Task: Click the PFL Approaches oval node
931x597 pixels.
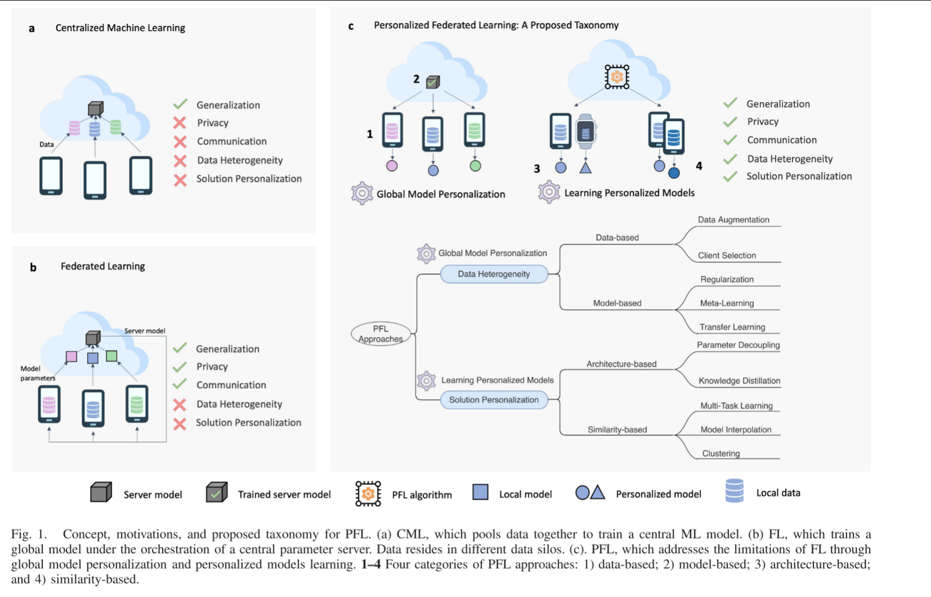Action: [x=381, y=333]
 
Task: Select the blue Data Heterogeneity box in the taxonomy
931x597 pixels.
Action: [x=494, y=274]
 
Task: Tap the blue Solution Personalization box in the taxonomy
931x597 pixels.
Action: [x=494, y=400]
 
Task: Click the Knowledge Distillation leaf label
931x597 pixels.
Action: [x=739, y=381]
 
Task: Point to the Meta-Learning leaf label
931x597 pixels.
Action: [x=727, y=303]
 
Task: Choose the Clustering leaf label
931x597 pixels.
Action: [x=721, y=453]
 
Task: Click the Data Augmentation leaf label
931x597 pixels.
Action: [x=734, y=220]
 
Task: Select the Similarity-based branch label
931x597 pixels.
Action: [x=617, y=430]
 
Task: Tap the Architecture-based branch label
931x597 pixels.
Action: [x=621, y=364]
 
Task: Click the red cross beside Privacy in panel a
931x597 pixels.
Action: [x=180, y=123]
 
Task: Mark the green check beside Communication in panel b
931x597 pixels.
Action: [x=180, y=384]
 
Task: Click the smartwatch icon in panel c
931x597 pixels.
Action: [x=586, y=131]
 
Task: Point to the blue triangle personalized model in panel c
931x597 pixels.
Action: [x=586, y=167]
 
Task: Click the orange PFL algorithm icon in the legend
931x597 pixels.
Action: [x=368, y=493]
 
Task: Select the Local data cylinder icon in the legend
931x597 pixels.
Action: [x=734, y=491]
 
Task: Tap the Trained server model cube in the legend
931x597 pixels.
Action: [x=216, y=492]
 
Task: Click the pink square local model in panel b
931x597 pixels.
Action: [x=71, y=356]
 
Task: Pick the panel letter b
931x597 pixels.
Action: [x=33, y=268]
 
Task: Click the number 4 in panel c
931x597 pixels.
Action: [x=699, y=166]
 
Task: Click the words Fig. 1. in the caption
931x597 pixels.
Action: [x=29, y=534]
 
